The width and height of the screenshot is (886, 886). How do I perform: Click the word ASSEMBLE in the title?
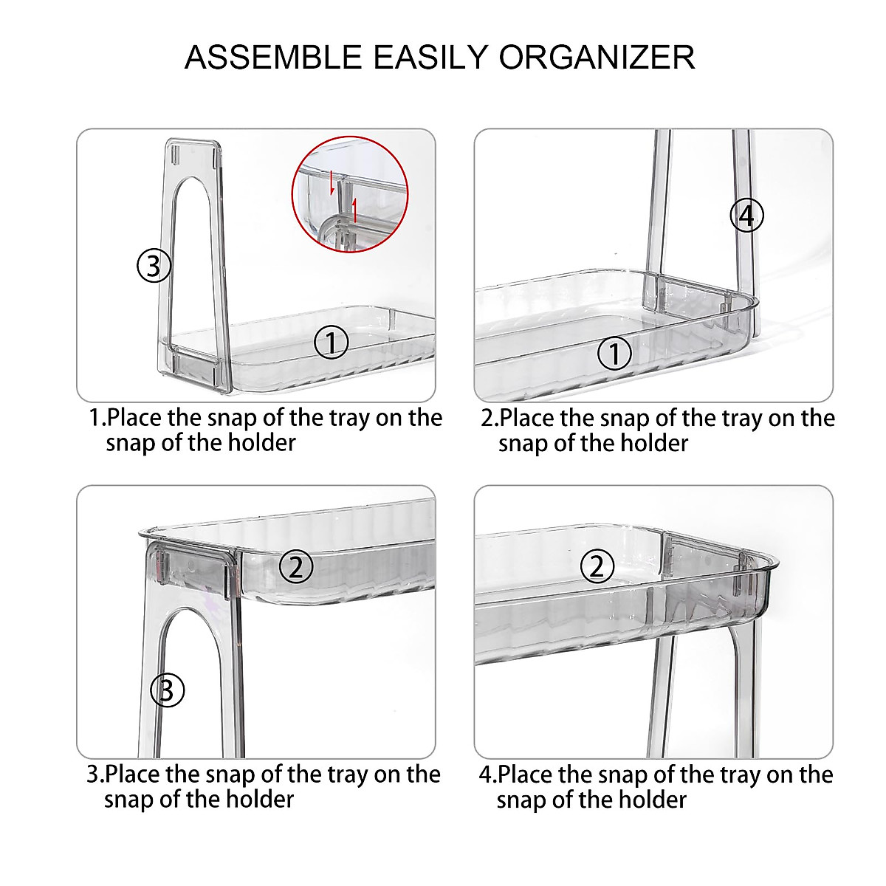pos(274,58)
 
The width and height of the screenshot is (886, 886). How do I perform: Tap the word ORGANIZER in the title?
pos(597,58)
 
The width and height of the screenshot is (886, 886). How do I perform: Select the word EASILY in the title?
pos(430,58)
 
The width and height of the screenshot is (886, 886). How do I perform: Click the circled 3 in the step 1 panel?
pos(154,266)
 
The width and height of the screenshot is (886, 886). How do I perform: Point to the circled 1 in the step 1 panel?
pos(331,343)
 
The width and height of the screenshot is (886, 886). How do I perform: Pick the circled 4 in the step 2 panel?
pos(747,215)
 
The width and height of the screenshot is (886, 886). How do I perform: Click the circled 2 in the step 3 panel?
pos(296,566)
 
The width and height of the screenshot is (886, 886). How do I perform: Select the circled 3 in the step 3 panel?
pos(168,690)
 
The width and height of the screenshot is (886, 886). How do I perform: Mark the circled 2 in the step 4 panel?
pos(597,566)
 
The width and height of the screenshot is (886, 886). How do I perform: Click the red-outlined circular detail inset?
pos(350,194)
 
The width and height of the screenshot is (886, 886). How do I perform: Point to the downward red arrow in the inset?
pos(332,182)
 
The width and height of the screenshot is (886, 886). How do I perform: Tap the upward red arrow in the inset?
pos(354,211)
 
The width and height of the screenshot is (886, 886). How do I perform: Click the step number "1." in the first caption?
pos(97,417)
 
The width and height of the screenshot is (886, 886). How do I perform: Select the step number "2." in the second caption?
pos(490,418)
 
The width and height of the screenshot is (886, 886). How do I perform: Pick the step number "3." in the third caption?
pos(96,775)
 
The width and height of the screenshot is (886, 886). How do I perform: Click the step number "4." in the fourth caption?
pos(488,775)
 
